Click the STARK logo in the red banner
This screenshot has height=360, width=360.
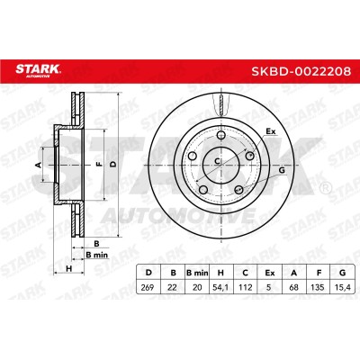pos(38,70)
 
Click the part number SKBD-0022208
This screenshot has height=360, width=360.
pos(301,71)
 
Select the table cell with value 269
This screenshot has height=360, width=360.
pos(148,287)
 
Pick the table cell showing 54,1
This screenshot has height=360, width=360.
pos(220,287)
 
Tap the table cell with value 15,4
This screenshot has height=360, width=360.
pos(342,287)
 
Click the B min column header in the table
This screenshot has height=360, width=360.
pos(197,273)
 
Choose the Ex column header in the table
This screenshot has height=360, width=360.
pos(269,273)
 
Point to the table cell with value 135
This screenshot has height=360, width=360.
pos(318,287)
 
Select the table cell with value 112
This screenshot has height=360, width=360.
pos(245,287)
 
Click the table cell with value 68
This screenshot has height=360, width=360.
pos(294,287)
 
